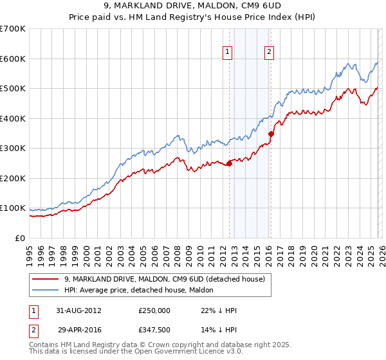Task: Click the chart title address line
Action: (193, 7)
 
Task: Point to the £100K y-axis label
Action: (13, 208)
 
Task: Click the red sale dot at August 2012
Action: (230, 163)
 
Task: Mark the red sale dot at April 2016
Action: (271, 134)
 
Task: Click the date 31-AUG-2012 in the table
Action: (79, 310)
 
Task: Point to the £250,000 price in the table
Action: (154, 310)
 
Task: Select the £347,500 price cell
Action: (154, 329)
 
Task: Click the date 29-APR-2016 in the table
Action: (79, 329)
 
